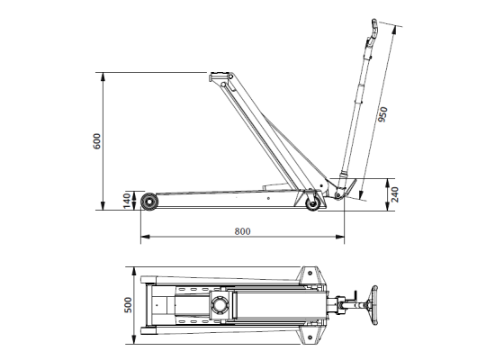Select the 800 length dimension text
point(241,231)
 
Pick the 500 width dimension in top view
point(127,304)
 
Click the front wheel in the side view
point(147,202)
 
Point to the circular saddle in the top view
point(220,307)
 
